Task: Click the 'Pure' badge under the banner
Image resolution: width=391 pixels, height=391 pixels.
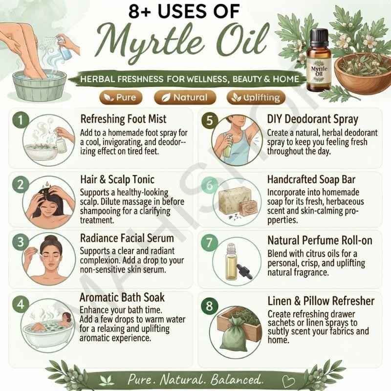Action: click(x=121, y=97)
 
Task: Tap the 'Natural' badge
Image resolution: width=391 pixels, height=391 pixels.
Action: click(x=185, y=97)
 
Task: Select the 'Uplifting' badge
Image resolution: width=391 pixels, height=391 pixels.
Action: click(x=256, y=97)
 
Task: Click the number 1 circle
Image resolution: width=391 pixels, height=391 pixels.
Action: click(x=21, y=120)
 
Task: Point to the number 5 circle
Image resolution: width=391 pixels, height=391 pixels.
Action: click(x=210, y=120)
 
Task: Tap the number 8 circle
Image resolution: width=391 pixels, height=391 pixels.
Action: click(x=210, y=306)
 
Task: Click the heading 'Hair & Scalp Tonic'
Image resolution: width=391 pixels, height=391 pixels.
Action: click(x=117, y=179)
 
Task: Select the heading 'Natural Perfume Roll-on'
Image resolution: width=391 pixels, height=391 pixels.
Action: click(x=320, y=240)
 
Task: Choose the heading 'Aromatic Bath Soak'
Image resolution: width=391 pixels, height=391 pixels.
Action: click(x=122, y=298)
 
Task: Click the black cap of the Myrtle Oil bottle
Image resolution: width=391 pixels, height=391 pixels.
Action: click(x=319, y=38)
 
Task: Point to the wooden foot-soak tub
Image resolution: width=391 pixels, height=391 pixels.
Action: click(x=40, y=86)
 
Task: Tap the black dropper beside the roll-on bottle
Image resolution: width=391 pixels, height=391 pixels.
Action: click(x=244, y=271)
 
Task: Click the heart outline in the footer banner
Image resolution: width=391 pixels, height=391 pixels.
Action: click(x=288, y=381)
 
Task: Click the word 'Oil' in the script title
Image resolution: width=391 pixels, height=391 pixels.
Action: click(x=242, y=41)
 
